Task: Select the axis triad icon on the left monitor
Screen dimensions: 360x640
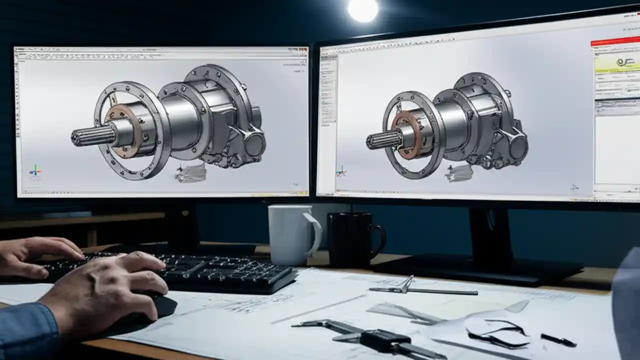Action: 35,171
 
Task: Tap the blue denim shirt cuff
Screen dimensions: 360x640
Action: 25,330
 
